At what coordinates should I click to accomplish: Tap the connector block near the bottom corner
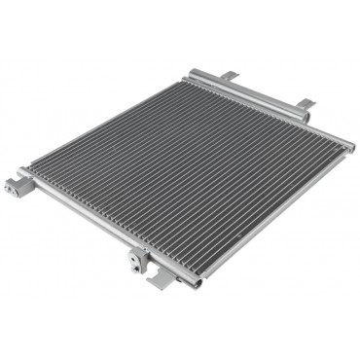click(x=140, y=258)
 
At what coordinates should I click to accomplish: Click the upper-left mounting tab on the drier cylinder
click(x=231, y=76)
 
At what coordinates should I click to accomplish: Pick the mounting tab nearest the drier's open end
click(x=305, y=104)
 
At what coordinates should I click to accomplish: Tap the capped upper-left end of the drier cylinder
click(x=194, y=73)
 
